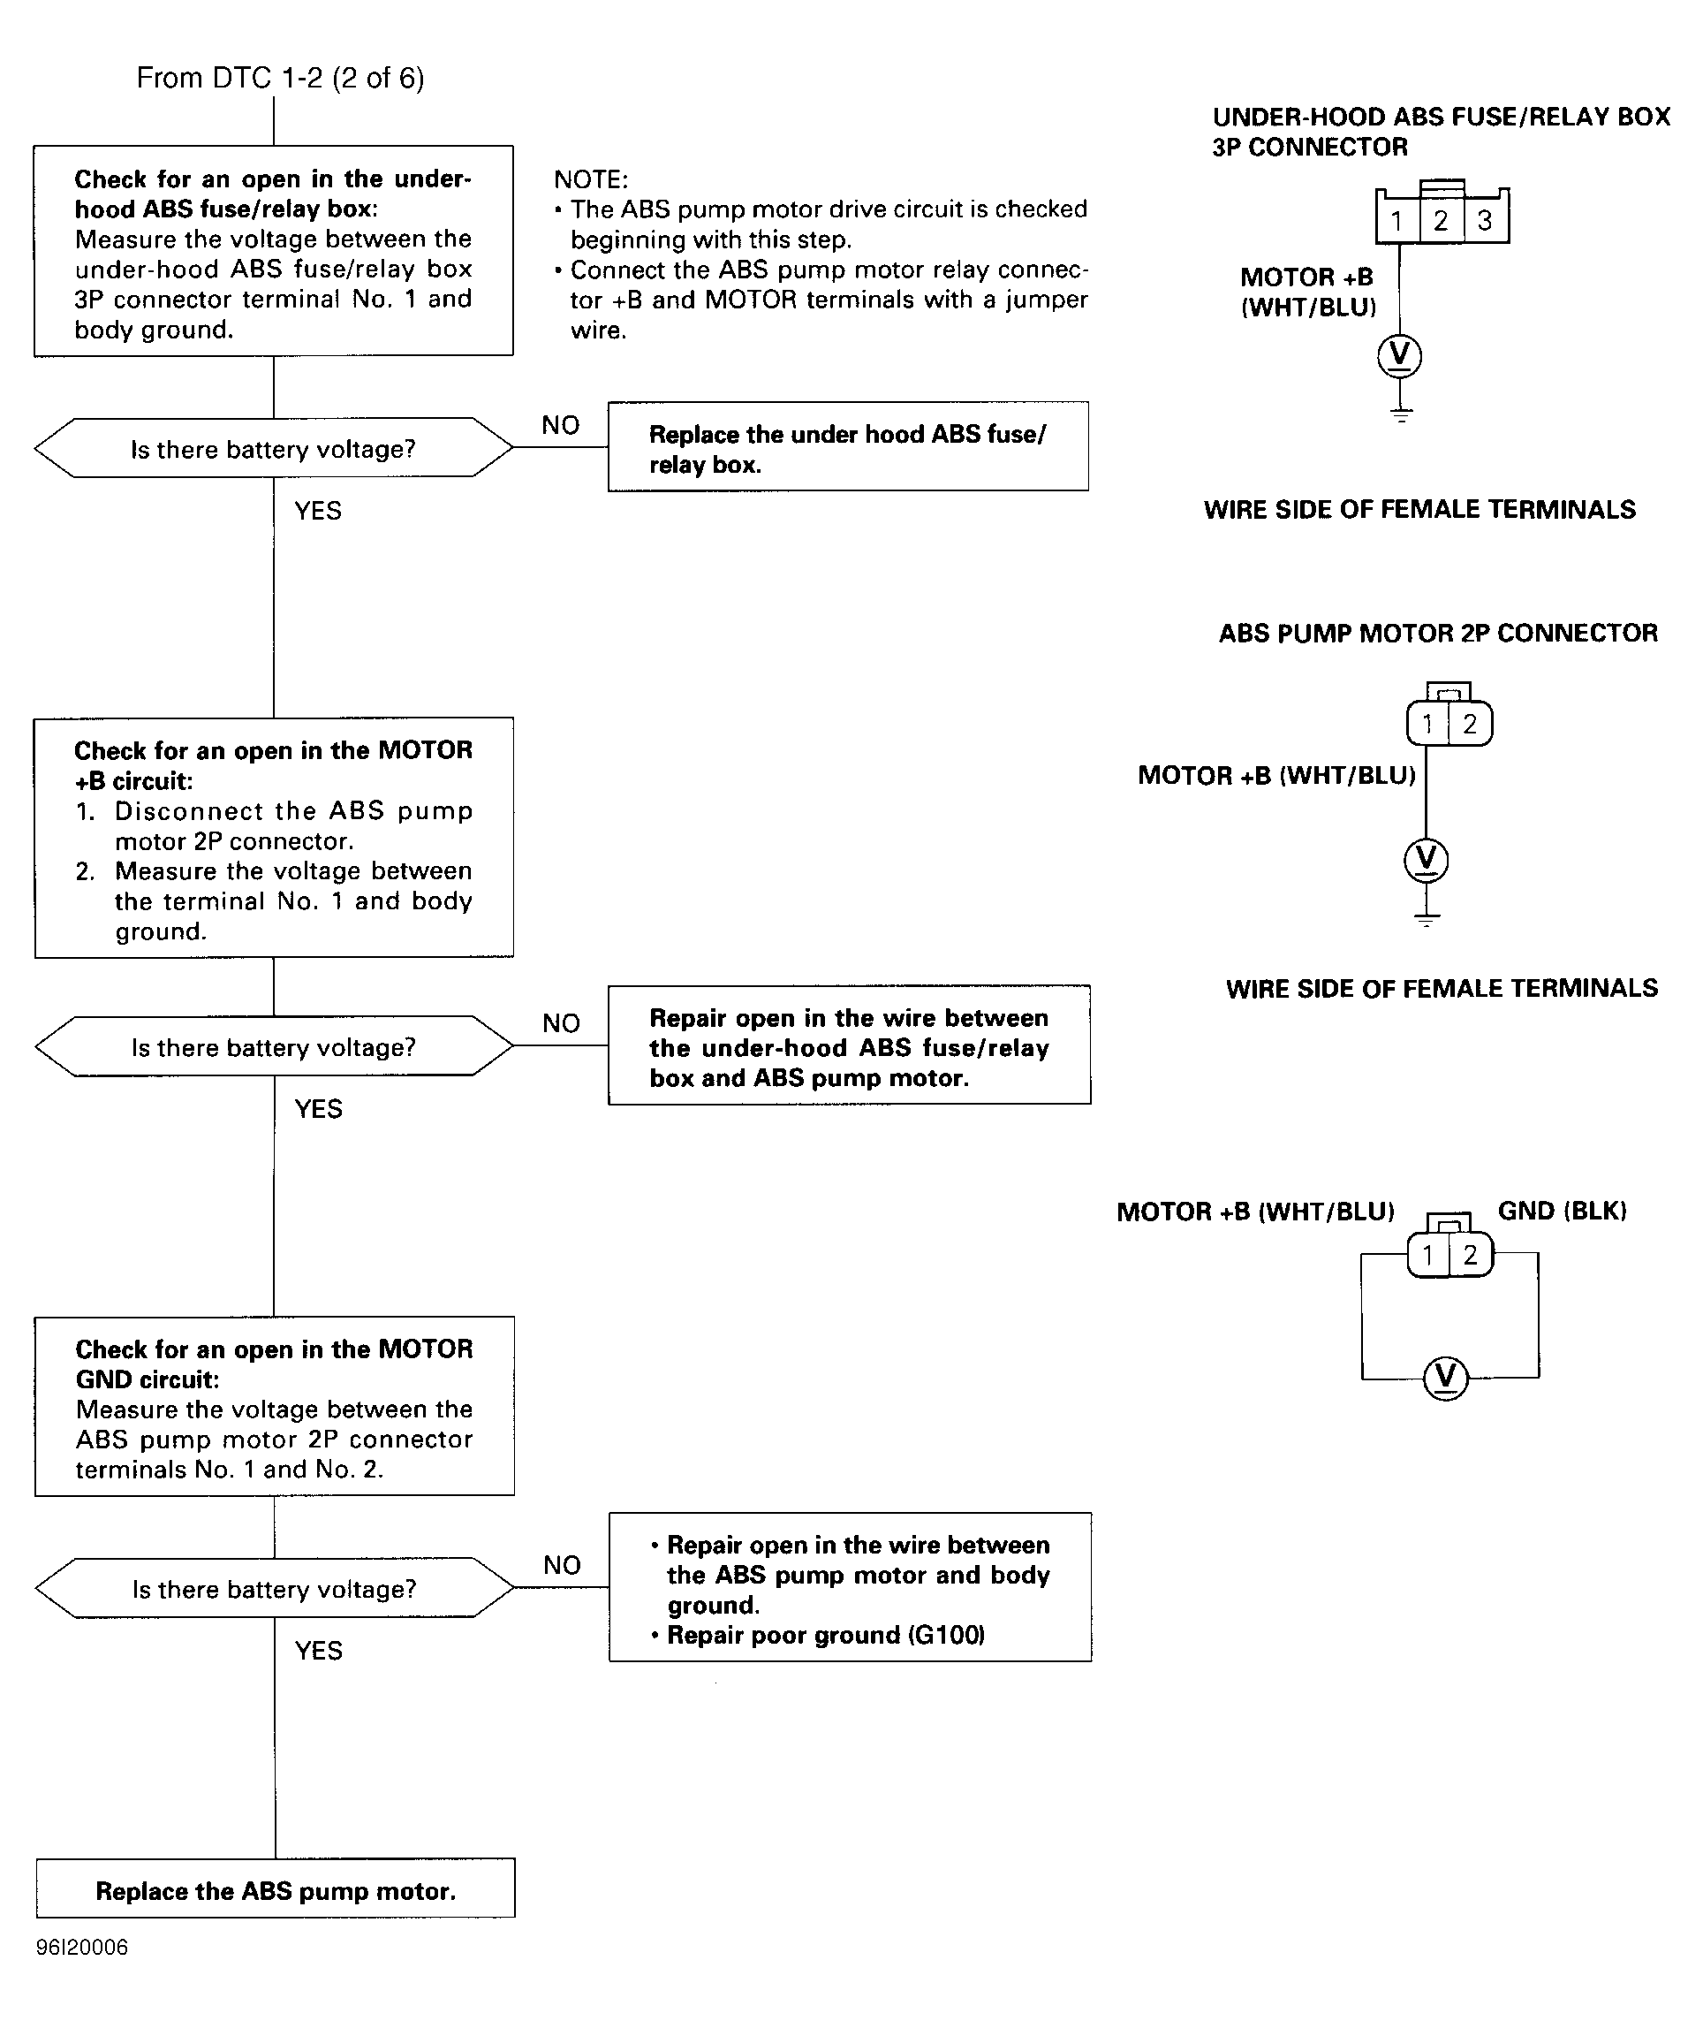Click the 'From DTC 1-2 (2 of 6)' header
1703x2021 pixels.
(280, 79)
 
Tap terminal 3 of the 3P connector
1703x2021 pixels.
(1486, 221)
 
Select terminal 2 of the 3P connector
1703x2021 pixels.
(1442, 221)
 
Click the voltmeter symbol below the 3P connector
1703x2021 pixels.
(1400, 355)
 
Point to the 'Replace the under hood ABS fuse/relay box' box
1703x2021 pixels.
(848, 447)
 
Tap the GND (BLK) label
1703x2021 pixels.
(1562, 1211)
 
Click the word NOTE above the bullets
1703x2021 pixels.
(591, 179)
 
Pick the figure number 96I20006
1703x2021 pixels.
(82, 1947)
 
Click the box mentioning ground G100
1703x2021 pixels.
(851, 1587)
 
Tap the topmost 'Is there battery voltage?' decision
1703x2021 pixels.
(273, 448)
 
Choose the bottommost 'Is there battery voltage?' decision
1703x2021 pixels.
(274, 1588)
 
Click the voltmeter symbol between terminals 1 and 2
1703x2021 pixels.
(1445, 1378)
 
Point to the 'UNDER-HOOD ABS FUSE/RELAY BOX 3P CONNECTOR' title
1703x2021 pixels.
(1442, 133)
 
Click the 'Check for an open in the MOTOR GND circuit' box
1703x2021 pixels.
(274, 1407)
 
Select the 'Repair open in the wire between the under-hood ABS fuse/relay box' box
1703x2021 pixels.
(850, 1045)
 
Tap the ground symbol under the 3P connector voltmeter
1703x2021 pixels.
(1401, 414)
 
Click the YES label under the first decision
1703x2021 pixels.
(318, 511)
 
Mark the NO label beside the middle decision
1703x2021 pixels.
(561, 1023)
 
